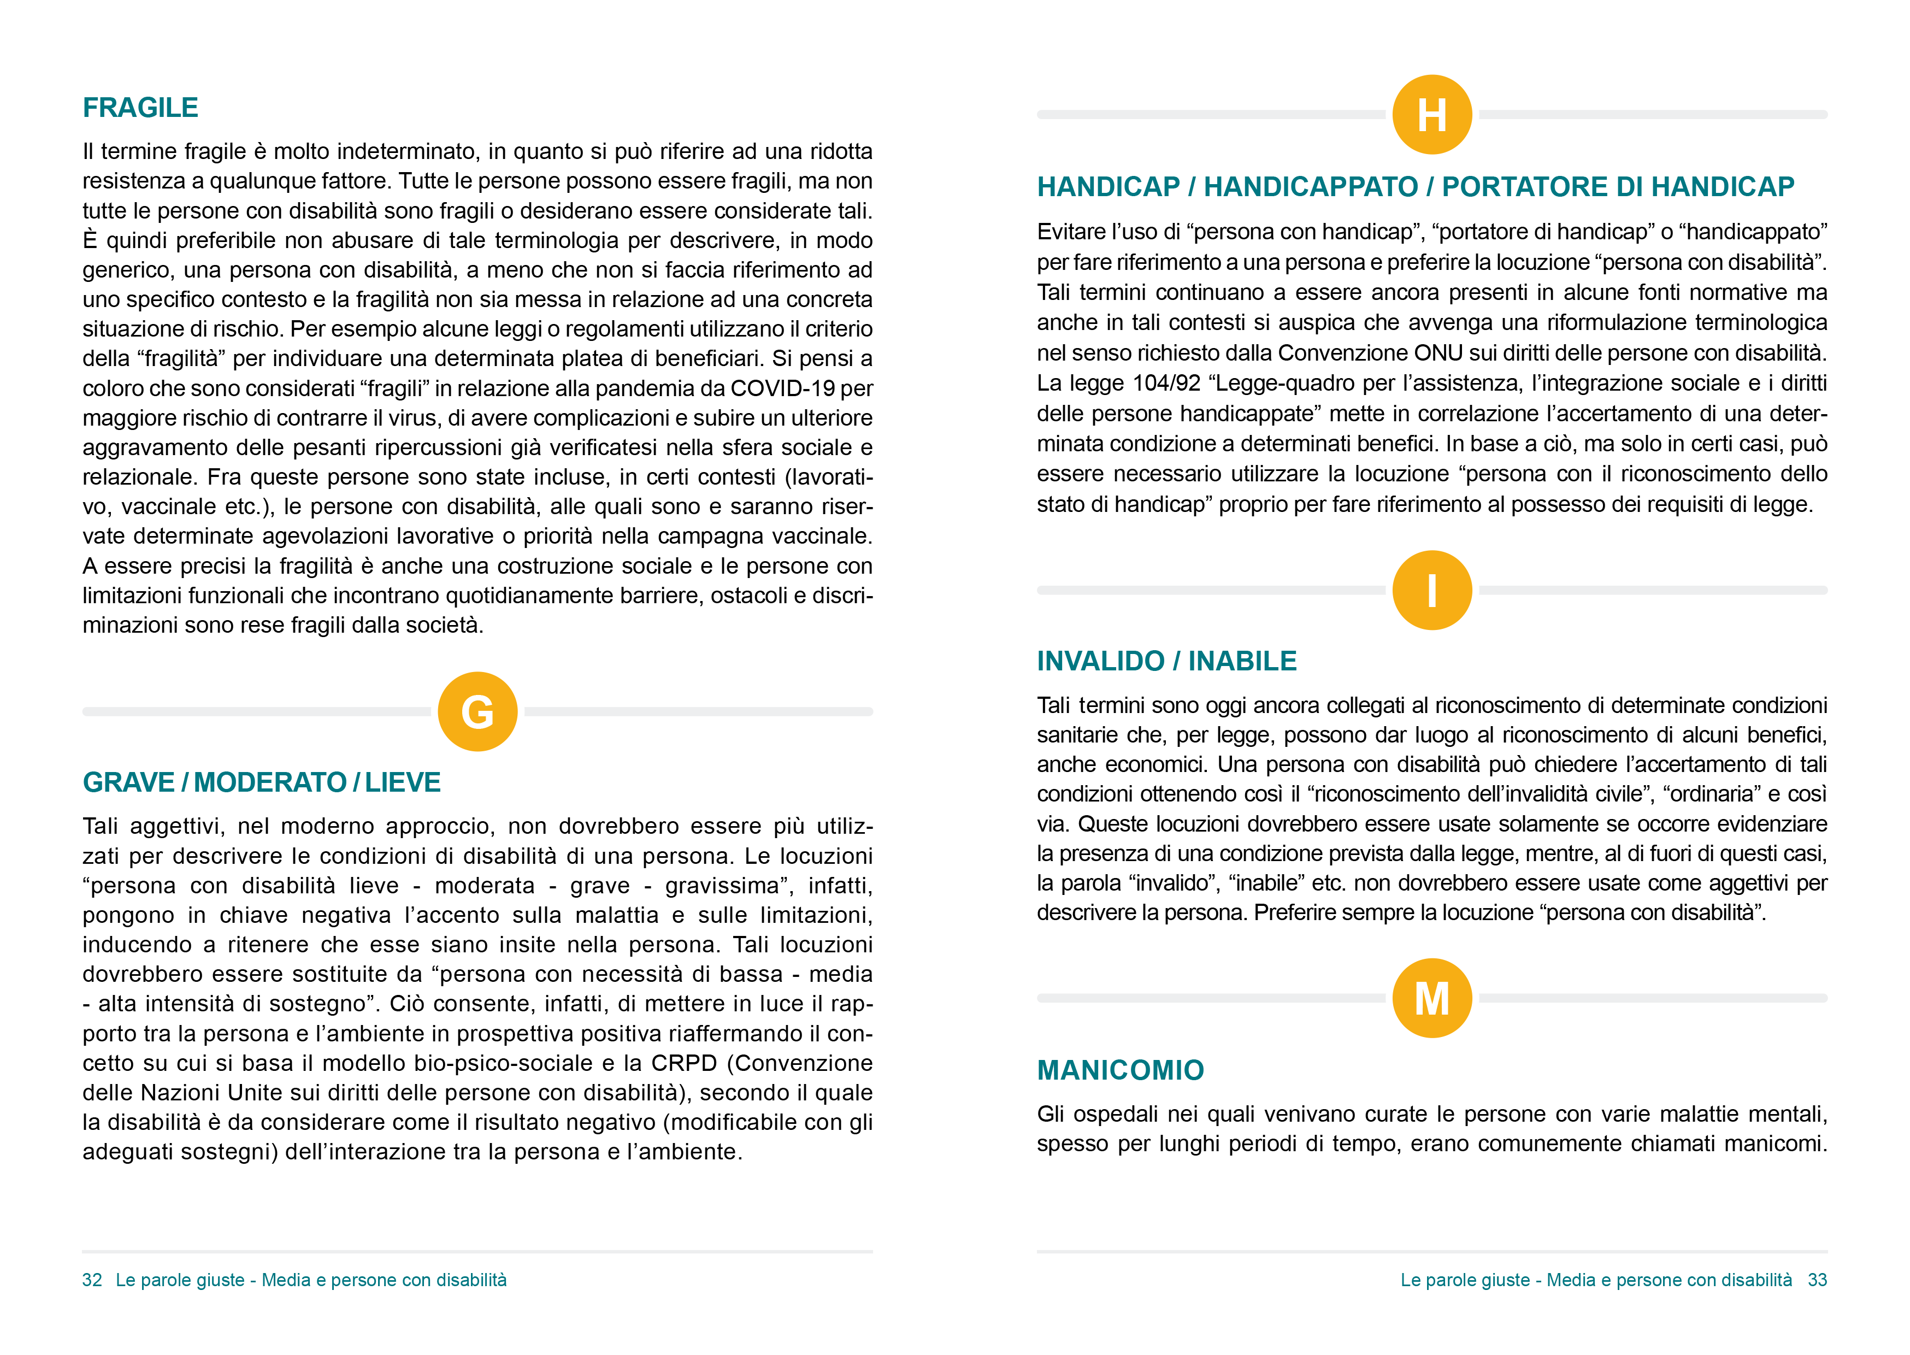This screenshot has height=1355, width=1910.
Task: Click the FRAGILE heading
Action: (x=140, y=108)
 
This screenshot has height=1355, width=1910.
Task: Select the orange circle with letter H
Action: (x=1431, y=114)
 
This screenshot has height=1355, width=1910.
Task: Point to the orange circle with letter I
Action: (x=1431, y=590)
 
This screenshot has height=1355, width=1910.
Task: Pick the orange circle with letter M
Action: (x=1431, y=998)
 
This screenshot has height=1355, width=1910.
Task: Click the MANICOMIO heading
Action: (x=1120, y=1070)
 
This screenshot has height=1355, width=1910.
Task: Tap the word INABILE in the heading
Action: (x=1242, y=661)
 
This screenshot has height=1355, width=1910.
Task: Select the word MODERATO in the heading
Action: (x=270, y=782)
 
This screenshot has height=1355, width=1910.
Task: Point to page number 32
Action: (x=92, y=1280)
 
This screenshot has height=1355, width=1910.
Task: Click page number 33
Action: (x=1818, y=1280)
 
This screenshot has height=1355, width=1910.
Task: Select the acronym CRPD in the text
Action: (x=684, y=1063)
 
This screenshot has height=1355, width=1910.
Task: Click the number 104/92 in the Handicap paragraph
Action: (x=1166, y=383)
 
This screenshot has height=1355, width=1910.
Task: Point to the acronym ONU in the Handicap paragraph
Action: (x=1438, y=353)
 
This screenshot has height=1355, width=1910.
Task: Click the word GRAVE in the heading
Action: (x=128, y=782)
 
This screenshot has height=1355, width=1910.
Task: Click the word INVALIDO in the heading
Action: (x=1100, y=661)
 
